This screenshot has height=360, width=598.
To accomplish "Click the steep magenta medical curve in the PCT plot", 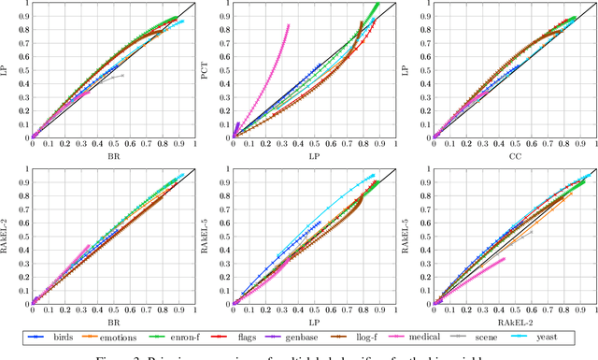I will [271, 65].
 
